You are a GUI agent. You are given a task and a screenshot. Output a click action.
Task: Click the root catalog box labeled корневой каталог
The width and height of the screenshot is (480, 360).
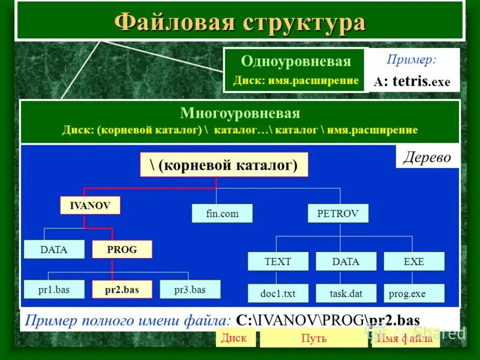(224, 165)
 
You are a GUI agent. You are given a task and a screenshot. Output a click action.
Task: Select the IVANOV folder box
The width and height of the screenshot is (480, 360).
(90, 205)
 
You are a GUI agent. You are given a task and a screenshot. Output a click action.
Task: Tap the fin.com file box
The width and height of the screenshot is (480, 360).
(222, 213)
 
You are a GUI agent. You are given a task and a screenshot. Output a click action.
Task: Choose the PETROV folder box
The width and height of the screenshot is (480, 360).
(338, 213)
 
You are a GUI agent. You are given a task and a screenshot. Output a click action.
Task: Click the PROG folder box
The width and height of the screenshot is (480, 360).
(122, 250)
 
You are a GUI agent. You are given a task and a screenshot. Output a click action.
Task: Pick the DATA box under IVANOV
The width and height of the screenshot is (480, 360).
(54, 250)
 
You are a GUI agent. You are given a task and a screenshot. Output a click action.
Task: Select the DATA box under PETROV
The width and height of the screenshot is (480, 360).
(346, 262)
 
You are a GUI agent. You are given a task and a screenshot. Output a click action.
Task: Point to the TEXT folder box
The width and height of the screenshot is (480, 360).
(278, 262)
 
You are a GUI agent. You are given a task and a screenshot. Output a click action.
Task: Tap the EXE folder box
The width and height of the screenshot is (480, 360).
(414, 262)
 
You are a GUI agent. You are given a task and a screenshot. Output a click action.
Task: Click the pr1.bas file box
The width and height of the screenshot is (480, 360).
(54, 290)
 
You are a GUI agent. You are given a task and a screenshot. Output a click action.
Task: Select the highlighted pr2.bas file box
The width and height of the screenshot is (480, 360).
(122, 290)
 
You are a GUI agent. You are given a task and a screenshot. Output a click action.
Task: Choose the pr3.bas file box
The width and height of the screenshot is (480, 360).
(190, 290)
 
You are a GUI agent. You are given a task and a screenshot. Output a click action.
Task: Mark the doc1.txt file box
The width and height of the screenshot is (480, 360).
(278, 293)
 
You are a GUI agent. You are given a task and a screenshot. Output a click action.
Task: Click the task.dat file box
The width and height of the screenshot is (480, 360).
(346, 293)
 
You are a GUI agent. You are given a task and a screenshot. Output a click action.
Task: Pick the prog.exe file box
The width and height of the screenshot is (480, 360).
(414, 293)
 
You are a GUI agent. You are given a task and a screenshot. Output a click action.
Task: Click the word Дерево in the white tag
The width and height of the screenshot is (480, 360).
(427, 158)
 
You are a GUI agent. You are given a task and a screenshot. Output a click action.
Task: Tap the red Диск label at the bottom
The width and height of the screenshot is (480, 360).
(234, 338)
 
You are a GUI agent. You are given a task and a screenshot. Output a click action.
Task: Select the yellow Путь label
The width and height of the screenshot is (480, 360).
(314, 338)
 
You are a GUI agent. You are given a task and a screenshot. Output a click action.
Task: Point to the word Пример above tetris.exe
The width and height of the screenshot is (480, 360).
(412, 60)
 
